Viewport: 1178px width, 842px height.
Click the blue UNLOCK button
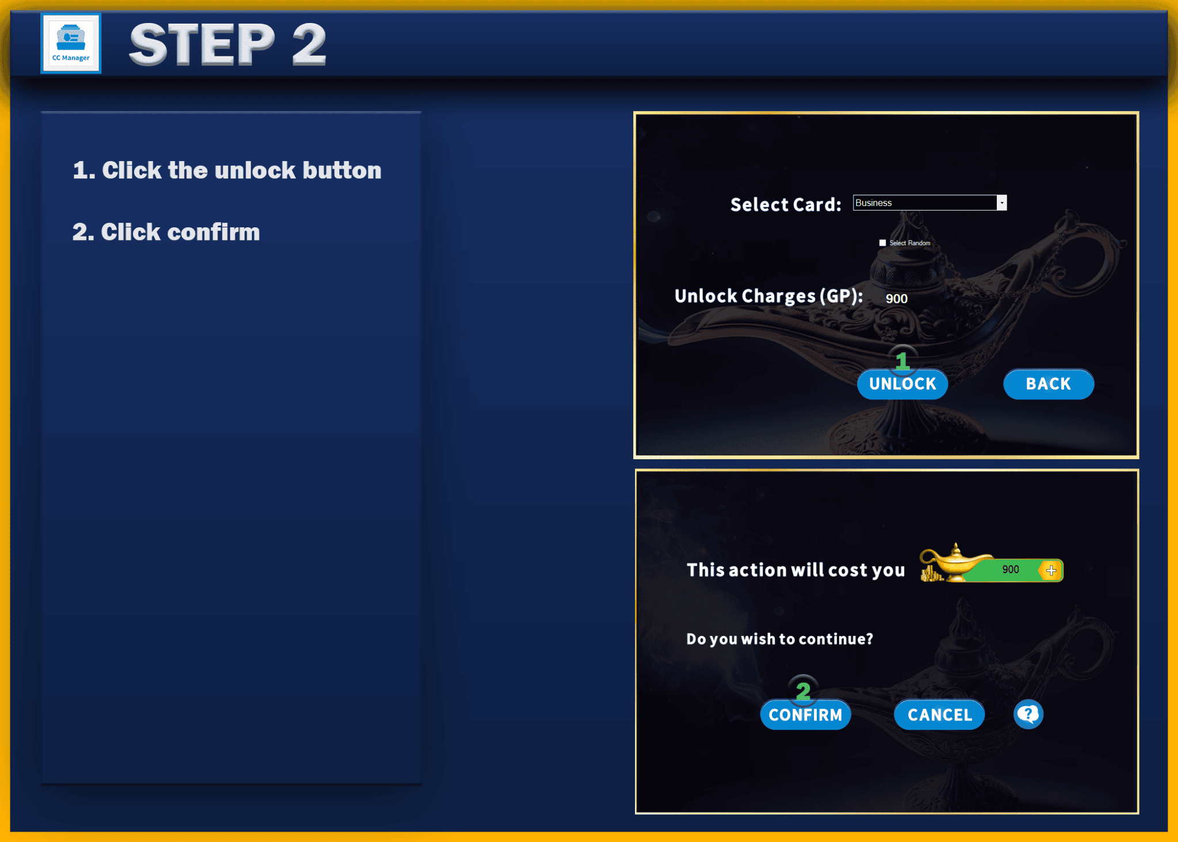(x=902, y=384)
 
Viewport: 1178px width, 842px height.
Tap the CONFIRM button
(x=805, y=715)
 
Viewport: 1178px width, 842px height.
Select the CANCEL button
(x=939, y=715)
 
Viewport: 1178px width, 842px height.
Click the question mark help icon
(x=1028, y=714)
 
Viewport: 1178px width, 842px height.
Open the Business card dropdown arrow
(x=1001, y=203)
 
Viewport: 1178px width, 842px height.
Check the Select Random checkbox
(x=882, y=243)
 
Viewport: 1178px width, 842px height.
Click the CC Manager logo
(x=71, y=44)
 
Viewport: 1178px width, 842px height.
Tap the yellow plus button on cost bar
(x=1051, y=570)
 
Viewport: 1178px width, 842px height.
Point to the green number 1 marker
(x=902, y=361)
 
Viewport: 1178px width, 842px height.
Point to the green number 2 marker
(x=803, y=690)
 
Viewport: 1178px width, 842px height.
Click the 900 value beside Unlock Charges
(x=896, y=299)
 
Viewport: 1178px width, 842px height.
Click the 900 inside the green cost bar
(x=1010, y=570)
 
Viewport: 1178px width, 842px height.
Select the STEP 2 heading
(x=228, y=44)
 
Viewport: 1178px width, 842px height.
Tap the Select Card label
(x=785, y=204)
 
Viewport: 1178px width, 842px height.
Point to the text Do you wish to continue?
(x=779, y=639)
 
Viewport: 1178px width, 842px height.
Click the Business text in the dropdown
(x=873, y=203)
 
